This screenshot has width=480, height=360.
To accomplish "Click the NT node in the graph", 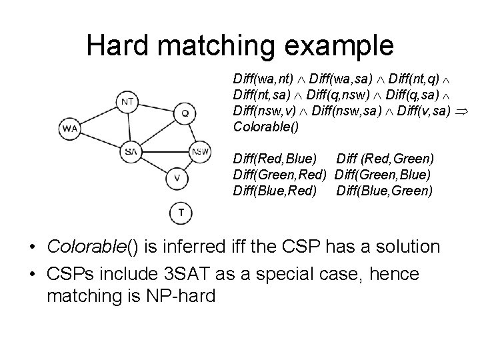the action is [x=129, y=101].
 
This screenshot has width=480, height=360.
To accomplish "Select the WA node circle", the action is [x=69, y=128].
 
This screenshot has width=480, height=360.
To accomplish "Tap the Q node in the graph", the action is [x=185, y=113].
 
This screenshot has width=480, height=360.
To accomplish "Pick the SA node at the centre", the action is [x=131, y=151].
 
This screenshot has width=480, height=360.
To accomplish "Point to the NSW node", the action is [x=201, y=151].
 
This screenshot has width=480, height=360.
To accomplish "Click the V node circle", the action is [x=176, y=178].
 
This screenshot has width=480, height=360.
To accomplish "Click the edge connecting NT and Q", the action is [x=157, y=107].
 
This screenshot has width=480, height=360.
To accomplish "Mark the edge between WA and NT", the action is [x=99, y=115].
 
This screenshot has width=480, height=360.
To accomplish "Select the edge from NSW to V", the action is [x=189, y=165].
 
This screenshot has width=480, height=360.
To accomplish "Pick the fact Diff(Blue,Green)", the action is [x=385, y=190].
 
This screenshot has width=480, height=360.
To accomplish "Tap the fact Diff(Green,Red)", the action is [x=280, y=175].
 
